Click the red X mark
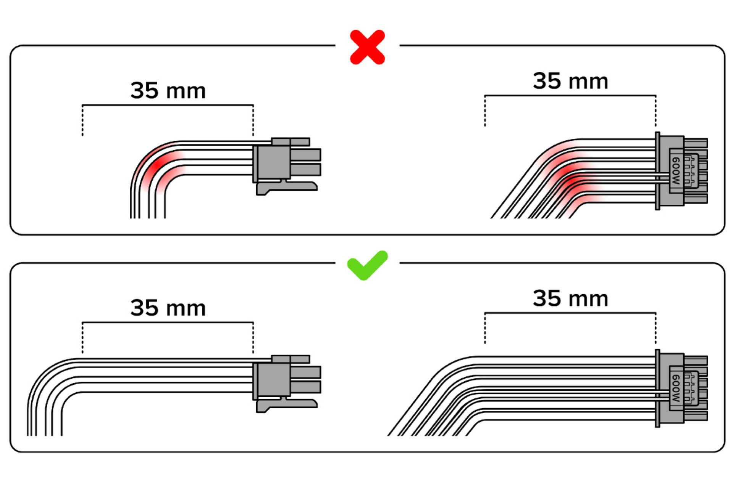click(x=367, y=47)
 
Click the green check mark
click(x=367, y=265)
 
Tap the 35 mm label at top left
click(x=168, y=91)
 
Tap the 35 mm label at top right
click(x=570, y=81)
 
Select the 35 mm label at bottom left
click(x=168, y=308)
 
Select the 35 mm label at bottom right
click(x=570, y=299)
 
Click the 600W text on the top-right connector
click(x=676, y=171)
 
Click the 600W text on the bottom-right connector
click(x=676, y=388)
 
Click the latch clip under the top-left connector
click(x=286, y=188)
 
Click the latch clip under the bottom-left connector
click(x=286, y=405)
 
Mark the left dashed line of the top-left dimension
click(x=82, y=120)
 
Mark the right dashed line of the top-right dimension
click(x=656, y=111)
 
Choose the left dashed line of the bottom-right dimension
click(x=485, y=328)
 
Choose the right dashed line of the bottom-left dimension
click(x=253, y=338)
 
